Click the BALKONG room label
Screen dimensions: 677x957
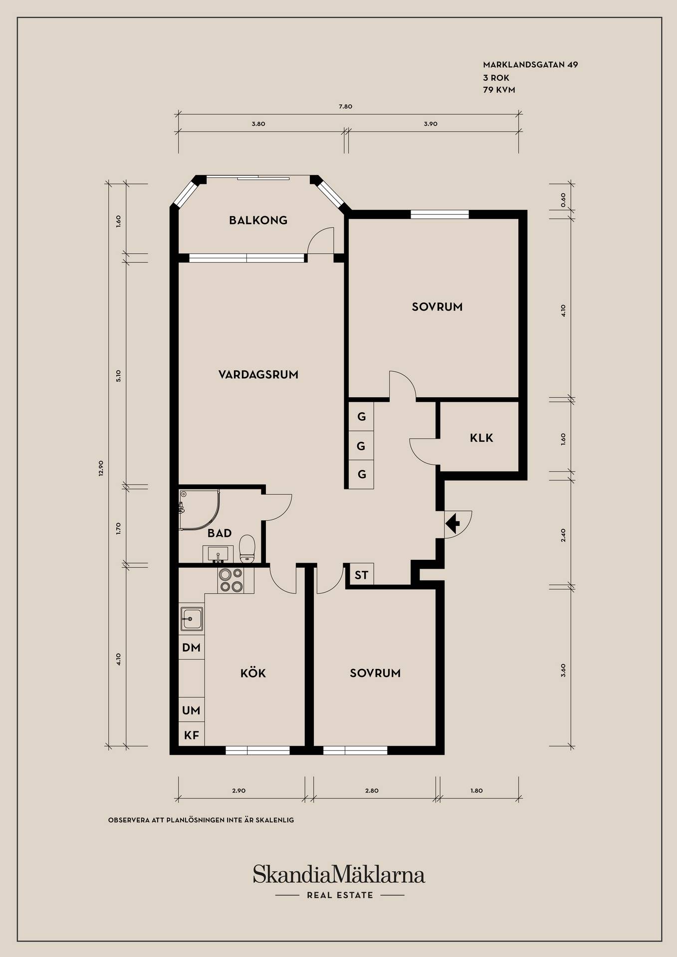click(x=258, y=220)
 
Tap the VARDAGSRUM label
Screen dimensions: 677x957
click(x=258, y=374)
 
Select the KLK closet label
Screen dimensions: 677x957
click(x=481, y=438)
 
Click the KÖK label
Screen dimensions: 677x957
click(x=253, y=673)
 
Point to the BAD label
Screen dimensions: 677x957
click(x=220, y=533)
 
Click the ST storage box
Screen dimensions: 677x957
click(x=361, y=575)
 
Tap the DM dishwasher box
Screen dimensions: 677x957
click(x=192, y=647)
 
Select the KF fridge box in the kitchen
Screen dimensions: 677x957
click(x=192, y=735)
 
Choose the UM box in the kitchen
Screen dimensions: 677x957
click(x=192, y=710)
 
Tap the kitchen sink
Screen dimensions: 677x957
click(x=192, y=620)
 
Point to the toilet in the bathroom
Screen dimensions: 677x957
click(x=247, y=549)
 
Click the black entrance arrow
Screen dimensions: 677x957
click(x=452, y=524)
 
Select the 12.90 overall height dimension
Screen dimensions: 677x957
click(x=101, y=469)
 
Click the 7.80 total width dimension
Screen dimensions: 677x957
click(x=345, y=106)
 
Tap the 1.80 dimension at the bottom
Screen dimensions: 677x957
click(x=476, y=791)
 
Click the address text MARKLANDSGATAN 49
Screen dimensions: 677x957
click(x=530, y=64)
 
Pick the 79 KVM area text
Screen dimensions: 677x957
click(x=499, y=90)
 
